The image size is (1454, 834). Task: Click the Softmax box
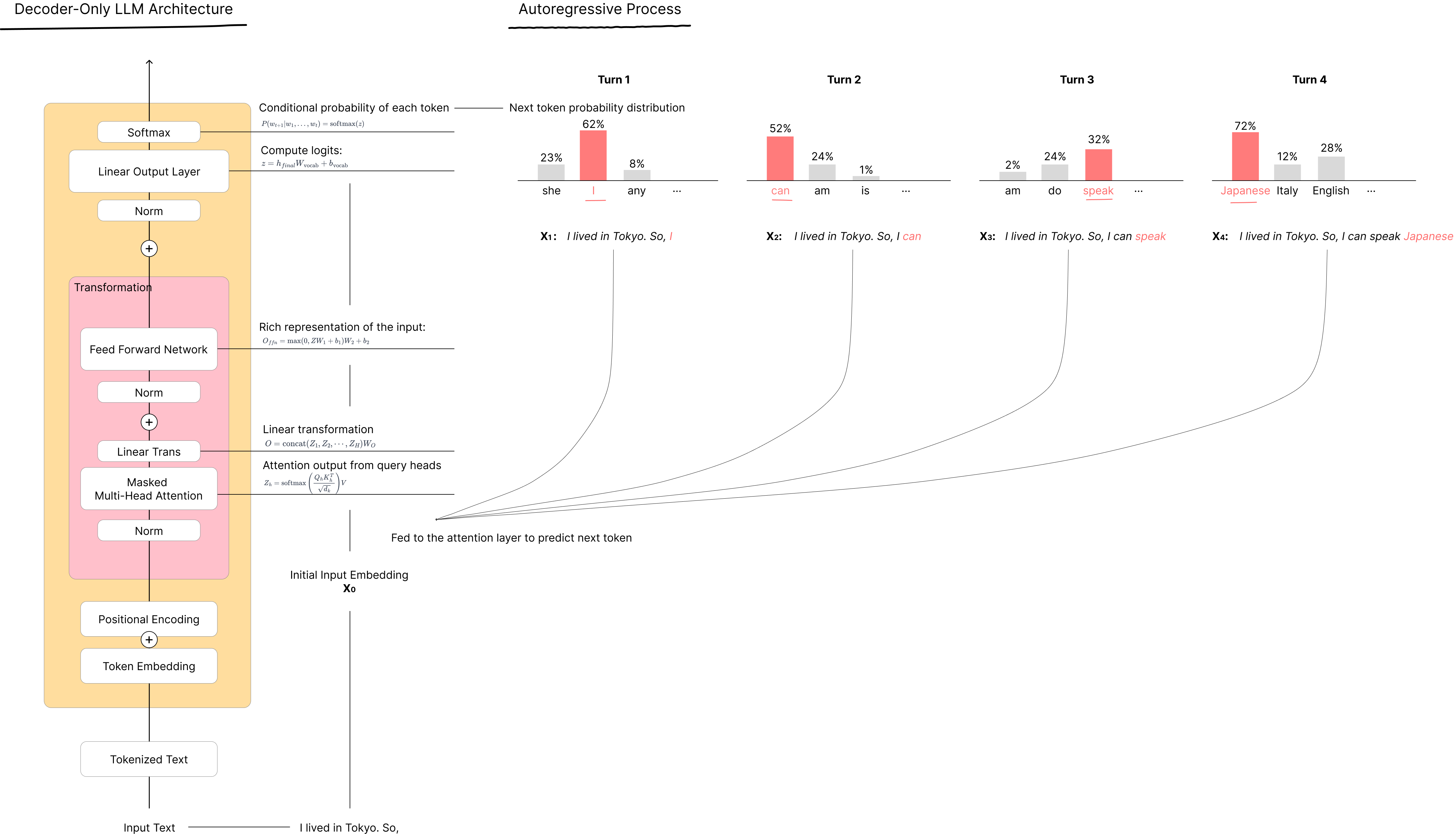[149, 132]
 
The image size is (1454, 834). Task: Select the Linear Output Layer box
[149, 171]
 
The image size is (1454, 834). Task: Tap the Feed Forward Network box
[149, 349]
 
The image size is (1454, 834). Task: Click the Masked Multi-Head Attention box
[149, 489]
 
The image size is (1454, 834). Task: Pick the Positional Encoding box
[149, 619]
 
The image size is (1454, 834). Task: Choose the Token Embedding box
[149, 666]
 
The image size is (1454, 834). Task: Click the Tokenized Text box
[149, 760]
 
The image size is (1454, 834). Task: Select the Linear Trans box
[149, 451]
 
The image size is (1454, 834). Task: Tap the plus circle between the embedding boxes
[149, 640]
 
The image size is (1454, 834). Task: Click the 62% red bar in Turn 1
[593, 156]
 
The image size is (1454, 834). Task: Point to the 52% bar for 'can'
[780, 159]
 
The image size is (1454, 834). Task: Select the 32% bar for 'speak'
[1099, 165]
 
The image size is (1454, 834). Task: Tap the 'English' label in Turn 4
[1331, 191]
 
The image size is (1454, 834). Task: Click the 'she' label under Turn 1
[551, 191]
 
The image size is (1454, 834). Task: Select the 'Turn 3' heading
[1077, 80]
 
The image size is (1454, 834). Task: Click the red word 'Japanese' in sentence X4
[1428, 237]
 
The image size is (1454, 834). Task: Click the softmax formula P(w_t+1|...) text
[312, 124]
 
